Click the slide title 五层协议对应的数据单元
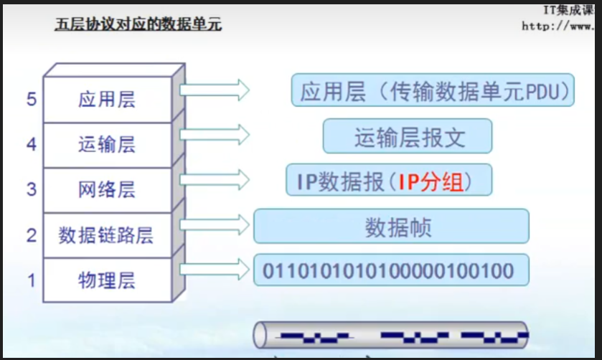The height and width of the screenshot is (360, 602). pyautogui.click(x=138, y=25)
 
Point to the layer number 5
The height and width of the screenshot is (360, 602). pyautogui.click(x=32, y=99)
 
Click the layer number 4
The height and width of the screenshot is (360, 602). pyautogui.click(x=32, y=144)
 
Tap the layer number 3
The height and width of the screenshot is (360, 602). pyautogui.click(x=32, y=189)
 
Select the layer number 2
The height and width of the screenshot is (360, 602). pyautogui.click(x=32, y=235)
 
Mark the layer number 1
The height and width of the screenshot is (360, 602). pyautogui.click(x=32, y=280)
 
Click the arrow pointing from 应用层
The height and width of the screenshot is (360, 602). pyautogui.click(x=214, y=90)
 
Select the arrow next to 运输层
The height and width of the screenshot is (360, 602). pyautogui.click(x=214, y=134)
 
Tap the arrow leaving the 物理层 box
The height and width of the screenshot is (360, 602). pyautogui.click(x=214, y=269)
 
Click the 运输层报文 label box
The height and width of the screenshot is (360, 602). pyautogui.click(x=407, y=136)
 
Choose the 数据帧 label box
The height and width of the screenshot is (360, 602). pyautogui.click(x=391, y=227)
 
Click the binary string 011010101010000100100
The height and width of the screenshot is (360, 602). pyautogui.click(x=390, y=271)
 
